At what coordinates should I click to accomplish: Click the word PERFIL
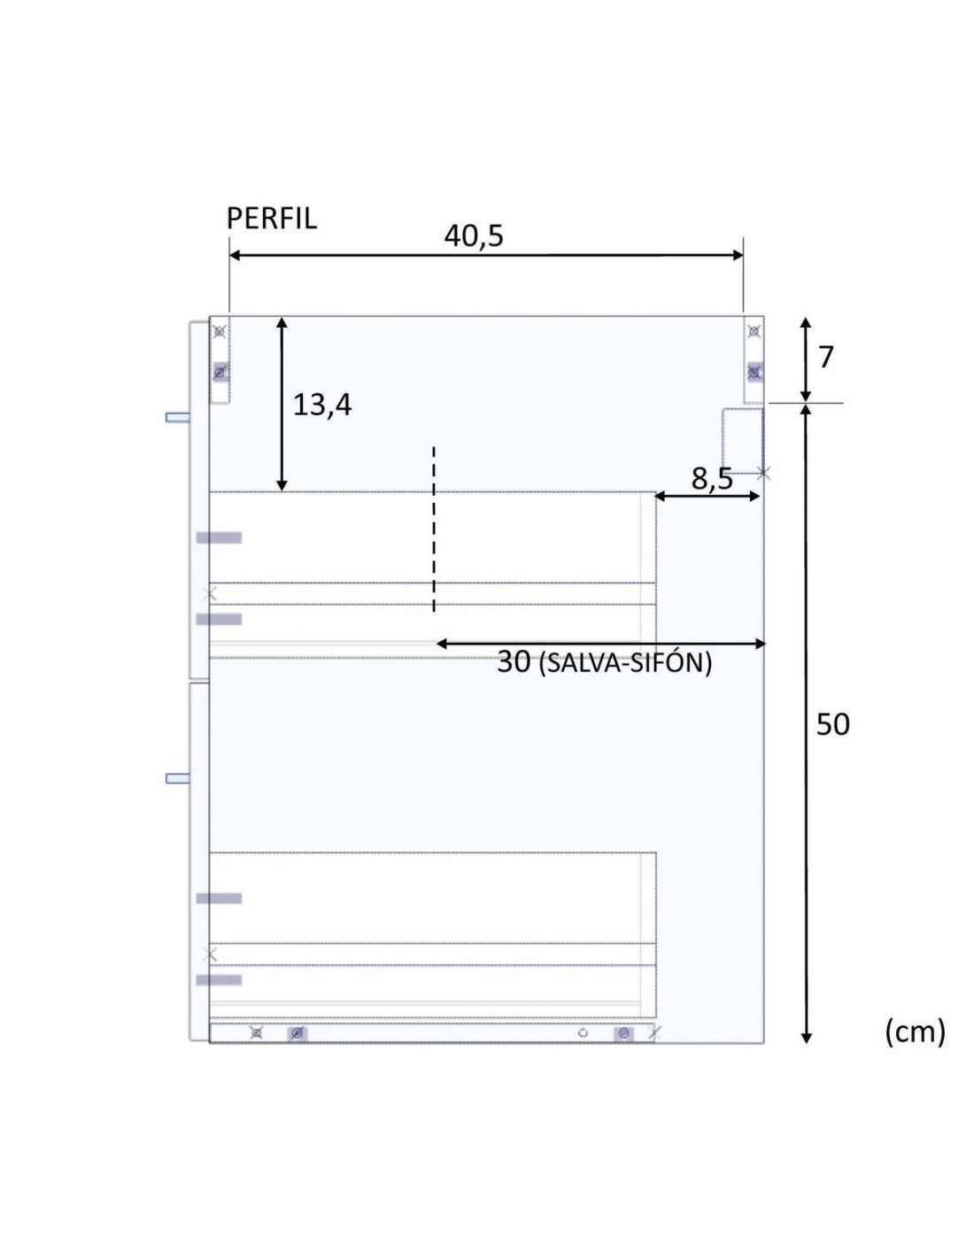coord(271,219)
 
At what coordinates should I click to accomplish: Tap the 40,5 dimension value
coord(474,236)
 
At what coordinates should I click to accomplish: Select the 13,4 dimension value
coord(322,405)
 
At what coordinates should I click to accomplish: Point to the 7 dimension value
coord(825,357)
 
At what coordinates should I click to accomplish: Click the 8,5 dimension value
coord(712,479)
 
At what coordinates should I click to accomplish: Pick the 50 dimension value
coord(832,724)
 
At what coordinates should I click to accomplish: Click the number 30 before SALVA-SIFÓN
coord(514,661)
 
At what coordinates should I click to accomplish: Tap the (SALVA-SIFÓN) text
coord(625,663)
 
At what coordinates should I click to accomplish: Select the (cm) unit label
coord(915,1031)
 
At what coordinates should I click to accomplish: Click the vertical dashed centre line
coord(433,529)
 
